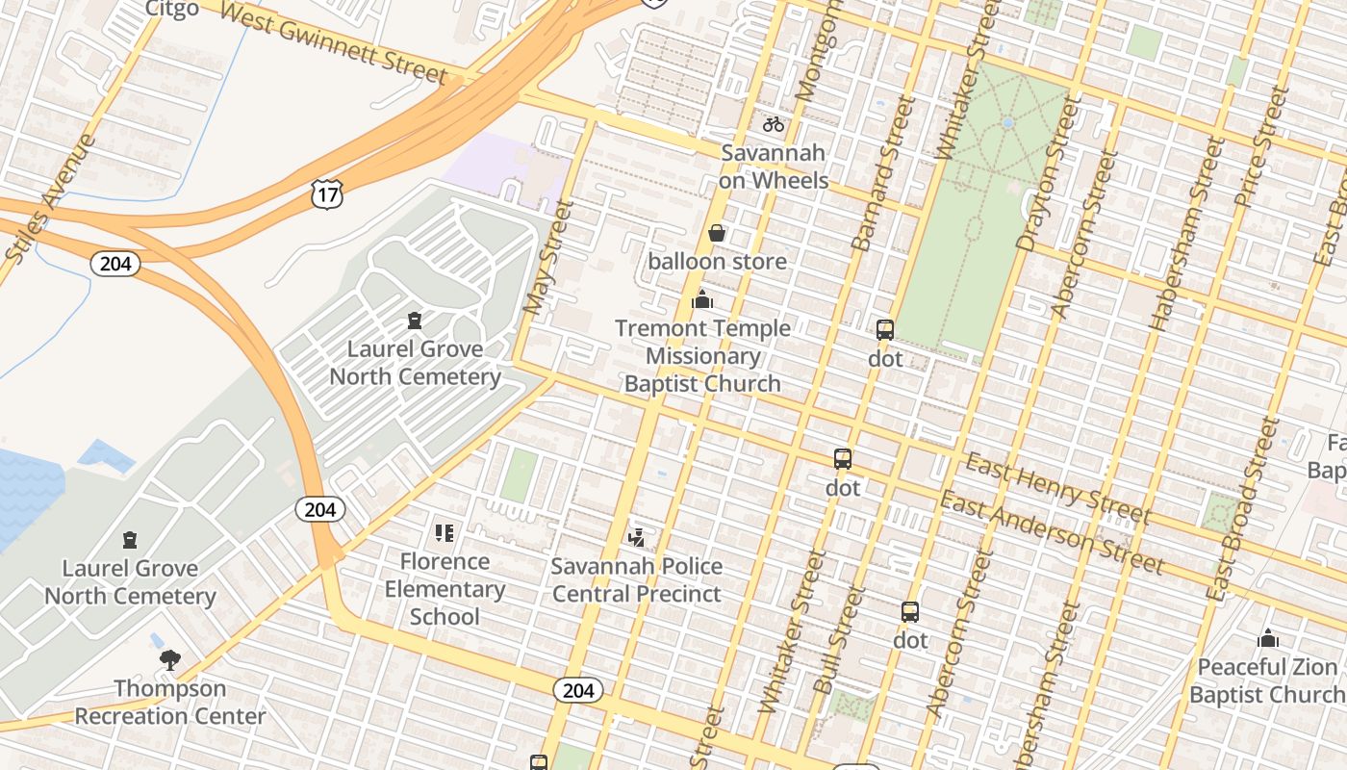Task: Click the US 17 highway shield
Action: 327,194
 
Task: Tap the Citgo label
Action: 172,9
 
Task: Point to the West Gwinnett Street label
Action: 333,41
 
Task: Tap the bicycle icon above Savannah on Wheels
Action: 774,124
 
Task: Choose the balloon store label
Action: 717,261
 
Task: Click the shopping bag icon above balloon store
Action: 717,233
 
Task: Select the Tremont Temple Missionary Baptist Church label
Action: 702,355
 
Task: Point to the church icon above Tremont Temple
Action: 702,300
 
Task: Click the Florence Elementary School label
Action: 445,588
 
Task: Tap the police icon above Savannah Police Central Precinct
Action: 636,535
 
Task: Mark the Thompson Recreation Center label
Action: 170,702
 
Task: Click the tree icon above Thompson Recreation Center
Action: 170,659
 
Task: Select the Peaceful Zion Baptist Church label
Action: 1267,680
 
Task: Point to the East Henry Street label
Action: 1057,488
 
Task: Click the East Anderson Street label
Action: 1052,531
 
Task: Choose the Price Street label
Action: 1260,146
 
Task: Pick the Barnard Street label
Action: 882,175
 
